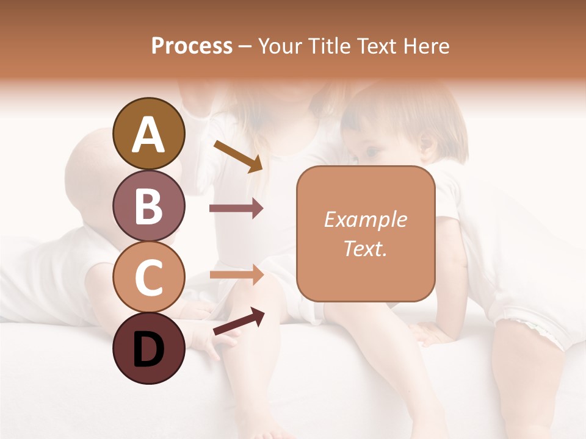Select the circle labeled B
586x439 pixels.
tap(148, 206)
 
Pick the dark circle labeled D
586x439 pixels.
tap(148, 349)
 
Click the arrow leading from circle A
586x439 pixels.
tap(238, 156)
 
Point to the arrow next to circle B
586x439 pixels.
tap(236, 208)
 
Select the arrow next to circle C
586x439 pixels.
tap(236, 275)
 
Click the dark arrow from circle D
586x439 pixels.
tap(238, 321)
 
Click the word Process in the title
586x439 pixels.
tap(192, 46)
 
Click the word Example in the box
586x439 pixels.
tap(366, 220)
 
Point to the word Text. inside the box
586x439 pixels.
tap(366, 248)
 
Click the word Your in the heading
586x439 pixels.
tap(278, 46)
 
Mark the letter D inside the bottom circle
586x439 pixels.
tap(148, 351)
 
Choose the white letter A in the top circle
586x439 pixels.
tap(148, 135)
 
